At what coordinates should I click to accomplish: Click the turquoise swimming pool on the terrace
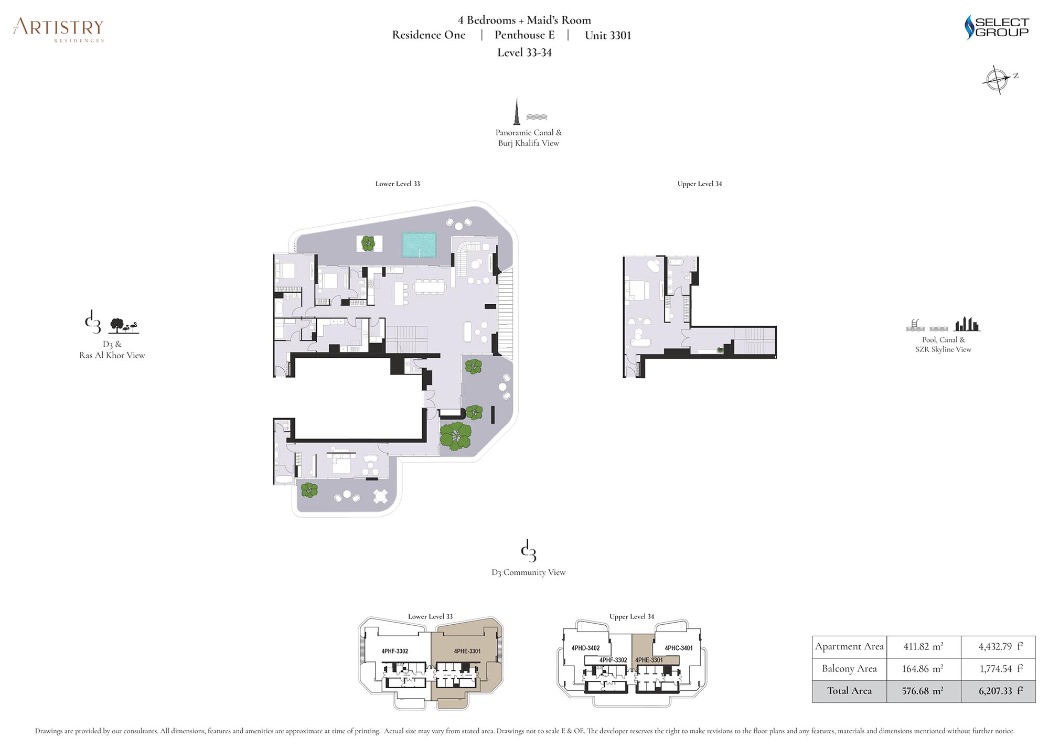(x=419, y=245)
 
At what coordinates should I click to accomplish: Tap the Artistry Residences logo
(x=59, y=29)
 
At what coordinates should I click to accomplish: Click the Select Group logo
(x=997, y=27)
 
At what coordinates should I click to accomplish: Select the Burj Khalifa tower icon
(x=517, y=112)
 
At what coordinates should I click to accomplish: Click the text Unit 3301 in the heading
(x=608, y=36)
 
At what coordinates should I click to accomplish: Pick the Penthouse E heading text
(x=524, y=35)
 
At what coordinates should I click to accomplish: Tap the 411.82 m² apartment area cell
(x=923, y=647)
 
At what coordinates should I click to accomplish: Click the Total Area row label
(x=849, y=691)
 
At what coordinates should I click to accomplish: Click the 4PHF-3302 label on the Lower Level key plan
(x=394, y=651)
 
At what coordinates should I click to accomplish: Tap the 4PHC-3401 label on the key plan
(x=679, y=648)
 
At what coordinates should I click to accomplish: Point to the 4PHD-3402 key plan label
(x=585, y=648)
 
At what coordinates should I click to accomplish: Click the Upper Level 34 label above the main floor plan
(x=700, y=184)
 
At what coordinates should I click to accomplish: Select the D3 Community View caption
(x=529, y=572)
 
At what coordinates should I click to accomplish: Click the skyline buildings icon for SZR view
(x=967, y=324)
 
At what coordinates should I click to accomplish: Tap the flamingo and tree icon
(x=124, y=326)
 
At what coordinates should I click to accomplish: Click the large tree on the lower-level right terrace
(x=455, y=436)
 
